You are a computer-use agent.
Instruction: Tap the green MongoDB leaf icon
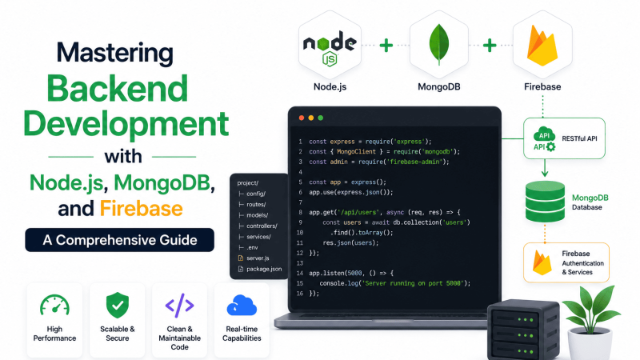click(438, 44)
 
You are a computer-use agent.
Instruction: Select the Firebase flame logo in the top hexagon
click(542, 46)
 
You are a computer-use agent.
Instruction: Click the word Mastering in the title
click(114, 54)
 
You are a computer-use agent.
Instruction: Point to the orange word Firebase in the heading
click(141, 208)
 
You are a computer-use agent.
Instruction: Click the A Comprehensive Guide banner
click(119, 240)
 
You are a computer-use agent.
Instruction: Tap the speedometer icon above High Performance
click(54, 306)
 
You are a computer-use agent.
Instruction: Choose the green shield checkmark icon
click(118, 305)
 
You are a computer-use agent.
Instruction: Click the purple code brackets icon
click(179, 305)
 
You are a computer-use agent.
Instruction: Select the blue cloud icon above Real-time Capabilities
click(242, 306)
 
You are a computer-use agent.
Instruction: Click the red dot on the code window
click(302, 118)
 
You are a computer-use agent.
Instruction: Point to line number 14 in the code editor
click(300, 273)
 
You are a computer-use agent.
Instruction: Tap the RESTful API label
click(579, 138)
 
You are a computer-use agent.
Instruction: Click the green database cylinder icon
click(545, 202)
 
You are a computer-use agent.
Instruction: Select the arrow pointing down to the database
click(545, 168)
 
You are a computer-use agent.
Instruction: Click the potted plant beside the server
click(590, 322)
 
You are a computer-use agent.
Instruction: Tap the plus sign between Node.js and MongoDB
click(386, 46)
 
